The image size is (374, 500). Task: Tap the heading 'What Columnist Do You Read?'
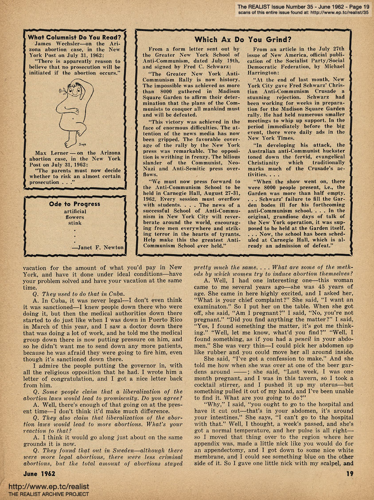click(74, 38)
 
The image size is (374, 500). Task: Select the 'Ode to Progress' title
click(74, 204)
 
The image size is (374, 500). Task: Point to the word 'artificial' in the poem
click(75, 211)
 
